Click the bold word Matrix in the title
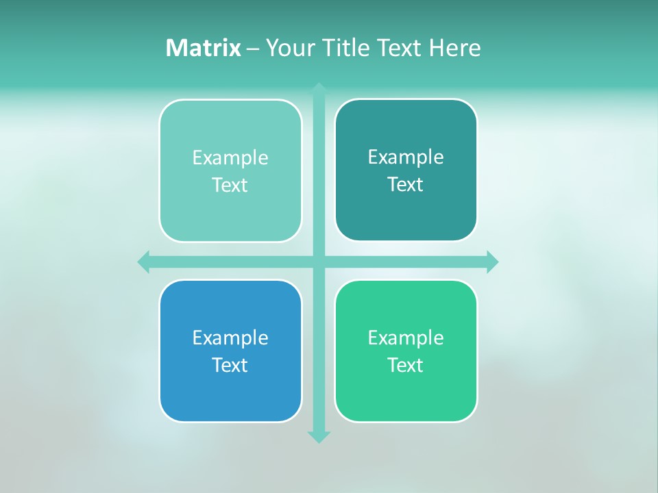(203, 48)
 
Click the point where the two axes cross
(319, 262)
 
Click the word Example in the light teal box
(230, 157)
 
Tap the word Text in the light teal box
(230, 185)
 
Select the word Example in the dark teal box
(406, 157)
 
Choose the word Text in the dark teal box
(406, 184)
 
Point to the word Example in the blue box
(230, 338)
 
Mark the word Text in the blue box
(230, 365)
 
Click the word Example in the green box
(406, 338)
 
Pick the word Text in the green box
(406, 365)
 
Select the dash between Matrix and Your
(253, 49)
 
